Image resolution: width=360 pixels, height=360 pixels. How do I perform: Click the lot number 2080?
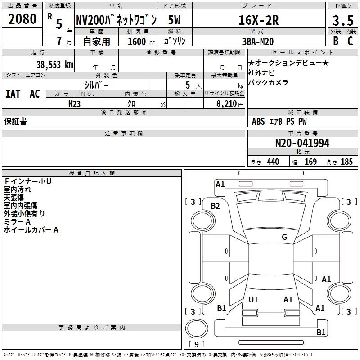[x=22, y=19]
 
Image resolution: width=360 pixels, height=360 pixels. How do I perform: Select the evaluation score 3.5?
[x=343, y=20]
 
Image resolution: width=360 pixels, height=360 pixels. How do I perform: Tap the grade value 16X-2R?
[x=258, y=20]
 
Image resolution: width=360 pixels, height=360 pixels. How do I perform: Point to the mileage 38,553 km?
[x=54, y=64]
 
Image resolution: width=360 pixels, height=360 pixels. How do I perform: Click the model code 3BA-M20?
[x=258, y=41]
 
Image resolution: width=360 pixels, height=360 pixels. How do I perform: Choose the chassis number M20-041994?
[x=302, y=143]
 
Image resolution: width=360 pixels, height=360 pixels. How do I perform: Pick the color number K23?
[x=74, y=104]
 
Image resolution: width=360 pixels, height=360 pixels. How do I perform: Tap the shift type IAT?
[x=13, y=94]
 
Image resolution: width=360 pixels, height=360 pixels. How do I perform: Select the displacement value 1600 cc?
[x=141, y=41]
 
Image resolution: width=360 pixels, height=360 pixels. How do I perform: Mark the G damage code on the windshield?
[x=284, y=237]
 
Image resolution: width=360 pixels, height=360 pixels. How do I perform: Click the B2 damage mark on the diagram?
[x=215, y=206]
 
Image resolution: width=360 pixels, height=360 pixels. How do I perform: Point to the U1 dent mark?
[x=253, y=299]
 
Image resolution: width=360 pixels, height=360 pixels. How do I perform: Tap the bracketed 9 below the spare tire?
[x=196, y=344]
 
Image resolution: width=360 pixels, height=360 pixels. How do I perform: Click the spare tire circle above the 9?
[x=197, y=328]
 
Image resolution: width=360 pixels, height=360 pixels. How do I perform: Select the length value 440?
[x=273, y=162]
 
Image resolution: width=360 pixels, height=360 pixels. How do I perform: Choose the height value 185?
[x=346, y=162]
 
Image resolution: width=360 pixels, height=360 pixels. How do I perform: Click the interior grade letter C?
[x=350, y=41]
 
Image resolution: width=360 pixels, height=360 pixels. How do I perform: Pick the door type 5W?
[x=174, y=20]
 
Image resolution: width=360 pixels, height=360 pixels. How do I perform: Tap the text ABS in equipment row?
[x=258, y=121]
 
